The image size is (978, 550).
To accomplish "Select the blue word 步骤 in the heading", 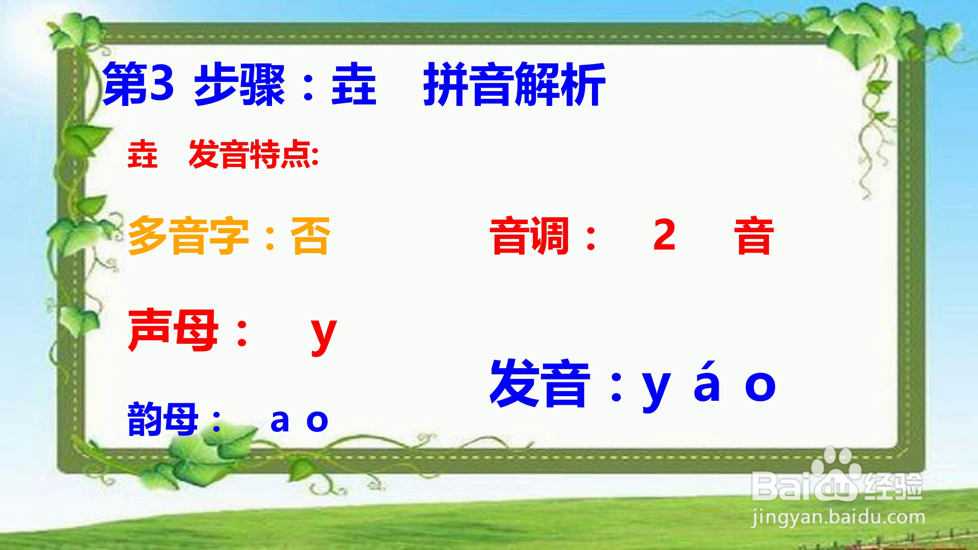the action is pos(239,85).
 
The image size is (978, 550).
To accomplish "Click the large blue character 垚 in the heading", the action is pos(354,85).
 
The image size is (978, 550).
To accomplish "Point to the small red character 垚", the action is pos(143,155).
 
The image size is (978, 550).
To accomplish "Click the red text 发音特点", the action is pos(250,155).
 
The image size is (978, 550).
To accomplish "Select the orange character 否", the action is pos(310,236).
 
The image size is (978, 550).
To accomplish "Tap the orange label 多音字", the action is pos(188,236).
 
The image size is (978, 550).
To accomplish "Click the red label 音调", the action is pos(530,236).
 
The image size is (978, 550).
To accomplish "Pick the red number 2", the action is pos(665,234).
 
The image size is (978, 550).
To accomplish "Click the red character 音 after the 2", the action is pos(754,236).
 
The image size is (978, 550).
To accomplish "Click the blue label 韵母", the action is pos(162,419).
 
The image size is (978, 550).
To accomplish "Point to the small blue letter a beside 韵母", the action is pos(280,421).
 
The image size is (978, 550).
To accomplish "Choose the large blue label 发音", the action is pos(540,383).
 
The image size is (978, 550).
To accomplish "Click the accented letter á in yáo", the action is pos(707,380).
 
